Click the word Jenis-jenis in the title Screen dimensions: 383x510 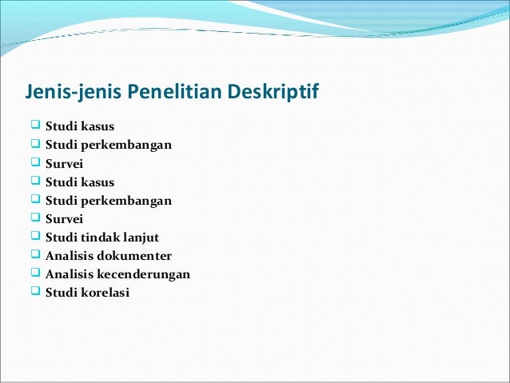point(70,94)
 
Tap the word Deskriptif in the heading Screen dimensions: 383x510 point(273,94)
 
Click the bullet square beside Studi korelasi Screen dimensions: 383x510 point(34,292)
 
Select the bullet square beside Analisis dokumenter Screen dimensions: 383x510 point(34,255)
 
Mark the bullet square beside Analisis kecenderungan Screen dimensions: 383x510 point(34,273)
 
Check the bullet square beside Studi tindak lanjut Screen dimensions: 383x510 point(34,237)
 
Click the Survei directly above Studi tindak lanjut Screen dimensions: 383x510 point(64,219)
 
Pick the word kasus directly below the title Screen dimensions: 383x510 point(97,127)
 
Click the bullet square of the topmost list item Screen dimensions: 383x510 point(34,126)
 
